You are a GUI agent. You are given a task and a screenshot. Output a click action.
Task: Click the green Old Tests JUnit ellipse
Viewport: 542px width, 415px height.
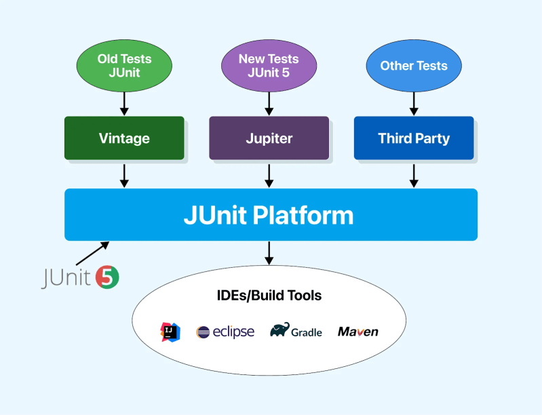pyautogui.click(x=124, y=66)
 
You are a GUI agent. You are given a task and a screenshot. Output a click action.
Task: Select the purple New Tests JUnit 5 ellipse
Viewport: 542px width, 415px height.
pyautogui.click(x=269, y=66)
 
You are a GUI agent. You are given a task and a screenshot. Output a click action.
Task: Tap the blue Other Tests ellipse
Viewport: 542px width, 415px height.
pyautogui.click(x=414, y=66)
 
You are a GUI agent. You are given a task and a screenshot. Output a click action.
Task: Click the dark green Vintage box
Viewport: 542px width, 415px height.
pyautogui.click(x=124, y=138)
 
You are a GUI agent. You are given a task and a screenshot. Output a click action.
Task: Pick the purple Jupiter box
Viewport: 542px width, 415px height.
pyautogui.click(x=269, y=138)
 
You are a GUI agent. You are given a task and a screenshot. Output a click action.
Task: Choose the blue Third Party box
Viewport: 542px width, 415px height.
pyautogui.click(x=414, y=138)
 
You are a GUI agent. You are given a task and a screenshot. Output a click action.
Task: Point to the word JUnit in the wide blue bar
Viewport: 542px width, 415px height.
pyautogui.click(x=216, y=215)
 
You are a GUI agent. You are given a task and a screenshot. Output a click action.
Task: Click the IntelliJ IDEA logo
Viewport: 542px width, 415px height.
pyautogui.click(x=170, y=332)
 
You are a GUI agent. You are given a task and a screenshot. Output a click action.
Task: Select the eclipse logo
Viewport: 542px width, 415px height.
pyautogui.click(x=225, y=332)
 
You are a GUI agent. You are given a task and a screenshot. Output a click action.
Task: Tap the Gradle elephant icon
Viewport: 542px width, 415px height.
pyautogui.click(x=279, y=330)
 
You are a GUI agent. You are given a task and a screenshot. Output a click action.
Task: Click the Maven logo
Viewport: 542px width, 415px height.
pyautogui.click(x=357, y=332)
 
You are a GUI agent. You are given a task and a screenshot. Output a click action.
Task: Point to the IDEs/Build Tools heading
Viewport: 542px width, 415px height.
pyautogui.click(x=269, y=296)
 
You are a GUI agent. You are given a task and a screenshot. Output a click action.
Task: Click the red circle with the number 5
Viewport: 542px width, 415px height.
pyautogui.click(x=108, y=277)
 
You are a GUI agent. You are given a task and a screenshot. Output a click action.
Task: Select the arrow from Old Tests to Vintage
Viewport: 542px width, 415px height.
pyautogui.click(x=124, y=102)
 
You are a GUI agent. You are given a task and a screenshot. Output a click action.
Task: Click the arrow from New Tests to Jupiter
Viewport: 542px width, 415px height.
pyautogui.click(x=269, y=102)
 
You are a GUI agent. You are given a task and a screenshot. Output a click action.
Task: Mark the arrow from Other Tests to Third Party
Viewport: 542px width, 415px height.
pyautogui.click(x=414, y=102)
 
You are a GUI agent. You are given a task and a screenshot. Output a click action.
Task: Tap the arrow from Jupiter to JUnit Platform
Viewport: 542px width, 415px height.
pyautogui.click(x=269, y=174)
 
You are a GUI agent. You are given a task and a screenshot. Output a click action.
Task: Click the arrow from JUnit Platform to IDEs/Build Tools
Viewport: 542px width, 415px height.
pyautogui.click(x=269, y=253)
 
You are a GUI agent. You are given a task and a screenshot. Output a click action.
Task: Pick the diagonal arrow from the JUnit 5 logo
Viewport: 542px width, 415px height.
pyautogui.click(x=92, y=253)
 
